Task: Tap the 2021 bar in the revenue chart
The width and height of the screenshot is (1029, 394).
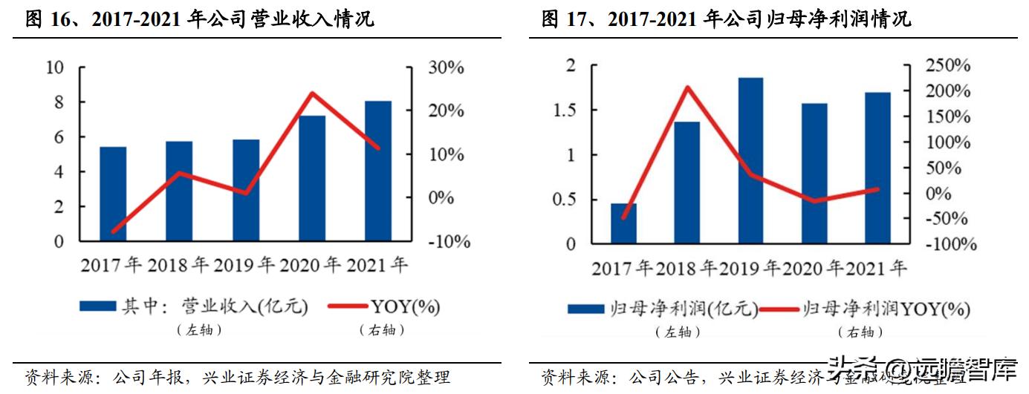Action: point(378,171)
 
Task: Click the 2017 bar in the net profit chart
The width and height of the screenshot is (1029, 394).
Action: point(623,223)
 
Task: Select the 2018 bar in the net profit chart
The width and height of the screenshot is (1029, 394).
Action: point(686,183)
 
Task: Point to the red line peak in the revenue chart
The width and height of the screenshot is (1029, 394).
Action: point(312,93)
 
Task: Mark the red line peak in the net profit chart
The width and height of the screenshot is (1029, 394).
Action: point(688,88)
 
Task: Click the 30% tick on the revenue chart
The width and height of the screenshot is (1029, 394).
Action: point(446,68)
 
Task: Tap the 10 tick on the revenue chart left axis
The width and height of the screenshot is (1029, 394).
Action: point(55,68)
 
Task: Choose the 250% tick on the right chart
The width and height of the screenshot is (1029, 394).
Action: point(947,66)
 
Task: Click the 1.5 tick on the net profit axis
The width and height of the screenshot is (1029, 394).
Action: point(565,111)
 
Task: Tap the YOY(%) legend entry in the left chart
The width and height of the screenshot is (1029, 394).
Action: point(406,306)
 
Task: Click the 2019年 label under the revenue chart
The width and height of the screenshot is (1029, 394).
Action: point(244,265)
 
